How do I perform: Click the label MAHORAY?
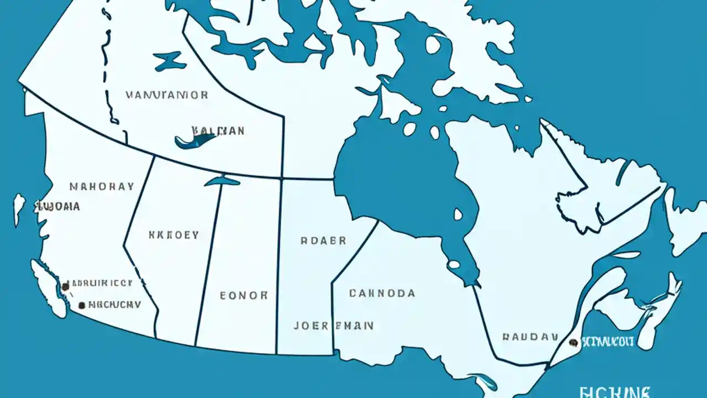click(x=102, y=186)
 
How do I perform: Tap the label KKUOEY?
click(x=173, y=235)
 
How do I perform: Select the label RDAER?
click(x=323, y=241)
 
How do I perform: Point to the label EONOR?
click(x=244, y=295)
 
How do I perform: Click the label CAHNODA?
click(x=382, y=293)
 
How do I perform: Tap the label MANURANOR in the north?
click(x=167, y=95)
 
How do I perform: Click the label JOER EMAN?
click(x=333, y=326)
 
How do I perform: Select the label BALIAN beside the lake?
click(x=218, y=130)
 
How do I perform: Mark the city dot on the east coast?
click(x=573, y=343)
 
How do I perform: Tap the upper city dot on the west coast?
click(x=66, y=286)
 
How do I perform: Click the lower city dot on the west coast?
click(x=82, y=305)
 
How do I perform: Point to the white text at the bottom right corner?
click(x=615, y=392)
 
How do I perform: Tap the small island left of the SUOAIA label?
click(x=19, y=209)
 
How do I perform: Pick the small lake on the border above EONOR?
click(x=222, y=181)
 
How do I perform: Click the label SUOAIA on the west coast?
click(x=57, y=207)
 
